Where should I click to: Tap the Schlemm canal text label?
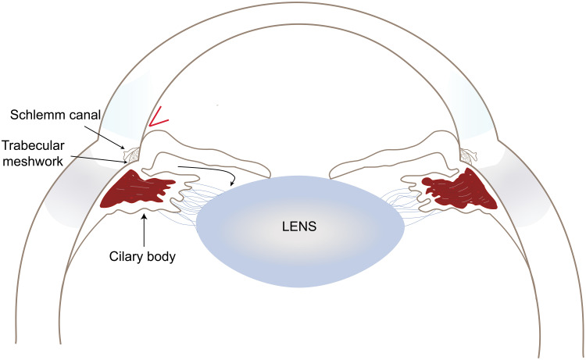coord(55,116)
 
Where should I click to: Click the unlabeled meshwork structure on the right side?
coord(468,156)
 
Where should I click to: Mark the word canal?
coord(82,116)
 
